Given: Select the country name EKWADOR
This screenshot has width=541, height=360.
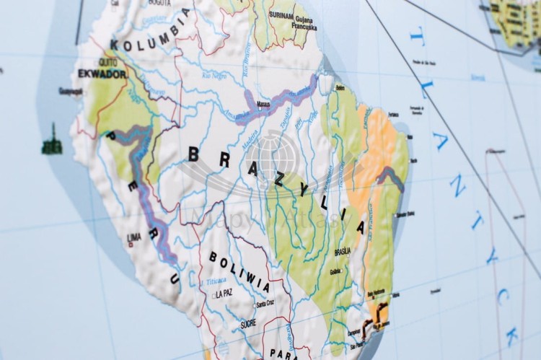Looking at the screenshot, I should [x=102, y=74].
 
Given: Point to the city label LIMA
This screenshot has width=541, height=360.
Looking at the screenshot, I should [x=134, y=236].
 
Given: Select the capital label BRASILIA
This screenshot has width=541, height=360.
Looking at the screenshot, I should [x=342, y=251].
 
